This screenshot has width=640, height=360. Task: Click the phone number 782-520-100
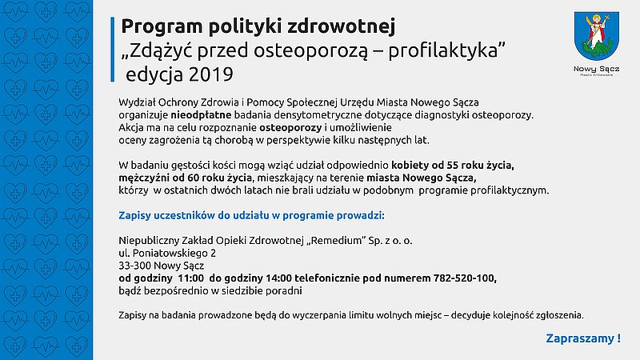click(459, 278)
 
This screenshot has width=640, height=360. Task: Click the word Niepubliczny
click(149, 239)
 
